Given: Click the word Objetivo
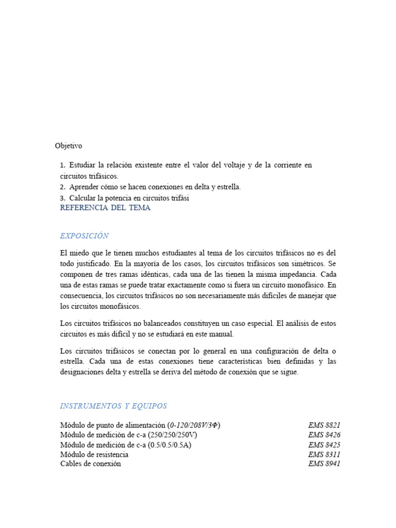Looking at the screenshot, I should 69,146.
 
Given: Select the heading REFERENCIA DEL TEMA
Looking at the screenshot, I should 105,208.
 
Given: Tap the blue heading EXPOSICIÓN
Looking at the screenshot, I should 84,236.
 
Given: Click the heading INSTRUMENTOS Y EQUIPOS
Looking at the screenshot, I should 113,406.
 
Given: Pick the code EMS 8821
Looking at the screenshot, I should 324,425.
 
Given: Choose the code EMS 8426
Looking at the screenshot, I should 324,435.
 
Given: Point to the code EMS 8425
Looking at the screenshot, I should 324,444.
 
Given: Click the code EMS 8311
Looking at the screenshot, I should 324,454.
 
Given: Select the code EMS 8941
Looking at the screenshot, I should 324,464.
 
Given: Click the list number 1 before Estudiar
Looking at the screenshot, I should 62,165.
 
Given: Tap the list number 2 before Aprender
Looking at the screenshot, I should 62,187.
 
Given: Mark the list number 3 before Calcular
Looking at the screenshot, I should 62,198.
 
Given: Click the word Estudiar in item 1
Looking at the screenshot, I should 82,165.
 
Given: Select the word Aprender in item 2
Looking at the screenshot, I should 85,187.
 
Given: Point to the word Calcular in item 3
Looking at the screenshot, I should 83,198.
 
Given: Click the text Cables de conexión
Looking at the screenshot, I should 91,464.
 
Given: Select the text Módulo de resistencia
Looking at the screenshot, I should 94,454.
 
